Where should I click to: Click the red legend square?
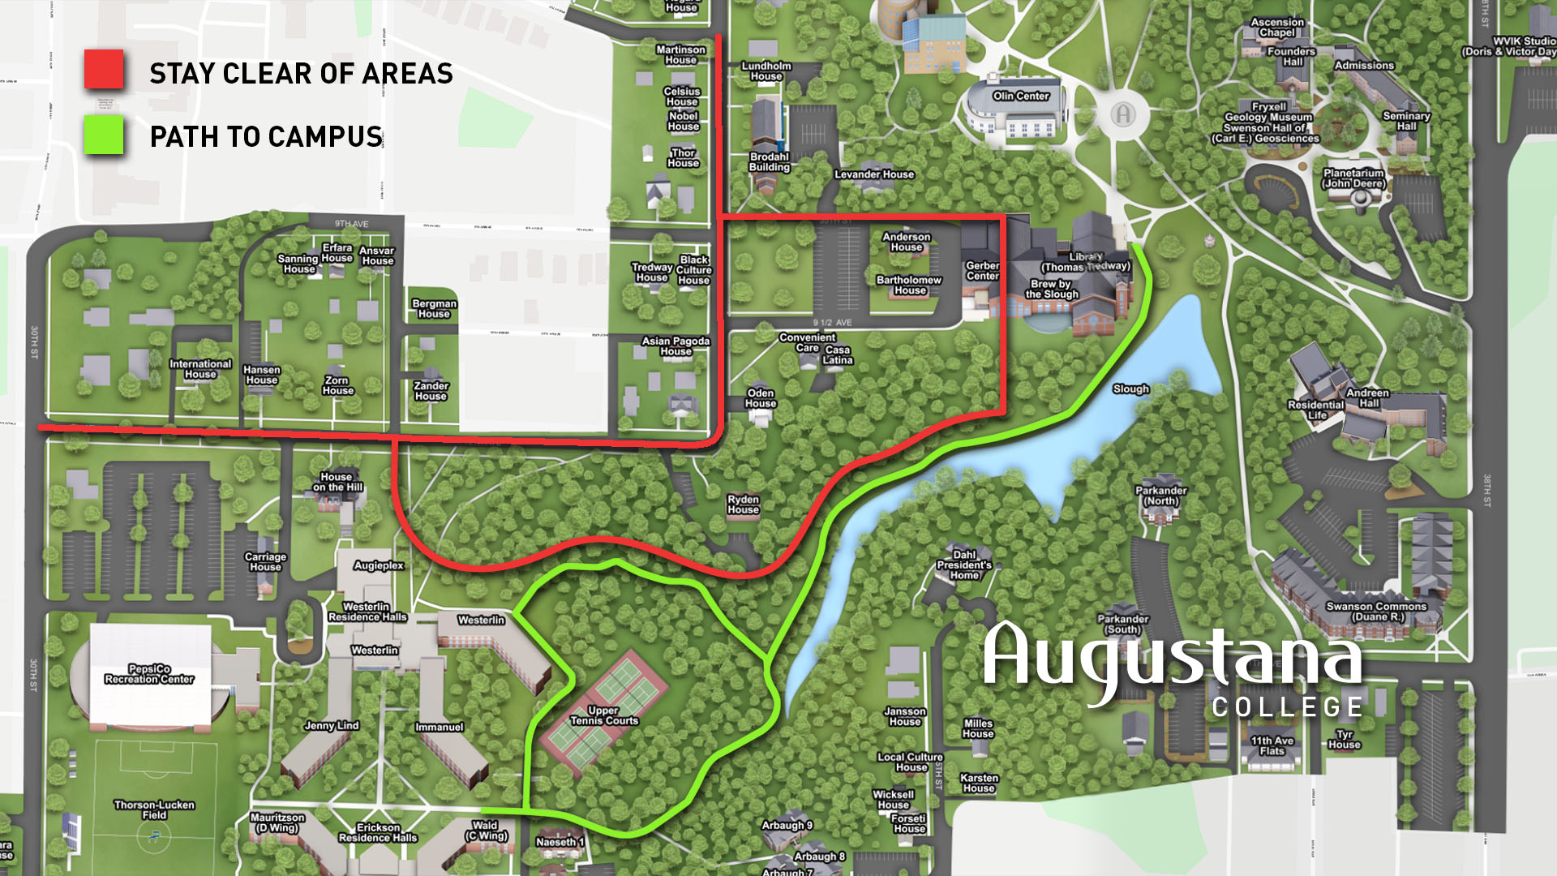[x=104, y=70]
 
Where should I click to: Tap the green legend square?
[x=104, y=135]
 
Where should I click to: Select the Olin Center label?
[x=1021, y=96]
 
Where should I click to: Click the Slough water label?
[x=1130, y=389]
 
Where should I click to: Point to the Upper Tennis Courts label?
[x=603, y=715]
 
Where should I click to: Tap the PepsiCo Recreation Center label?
[x=149, y=674]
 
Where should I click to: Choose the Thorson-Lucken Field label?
[x=154, y=809]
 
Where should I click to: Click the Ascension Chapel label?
[x=1277, y=28]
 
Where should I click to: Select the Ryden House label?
[x=743, y=505]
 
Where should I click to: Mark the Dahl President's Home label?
[x=963, y=565]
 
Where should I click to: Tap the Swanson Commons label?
[x=1376, y=612]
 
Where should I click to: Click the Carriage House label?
[x=265, y=561]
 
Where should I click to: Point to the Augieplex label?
[x=379, y=565]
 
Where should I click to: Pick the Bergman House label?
[x=434, y=308]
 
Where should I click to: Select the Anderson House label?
[x=907, y=242]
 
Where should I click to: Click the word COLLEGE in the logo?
[x=1288, y=707]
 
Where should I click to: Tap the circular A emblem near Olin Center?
[x=1122, y=114]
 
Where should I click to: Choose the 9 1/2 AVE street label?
[x=833, y=323]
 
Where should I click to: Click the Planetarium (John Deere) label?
[x=1353, y=178]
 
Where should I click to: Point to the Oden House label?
[x=761, y=397]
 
